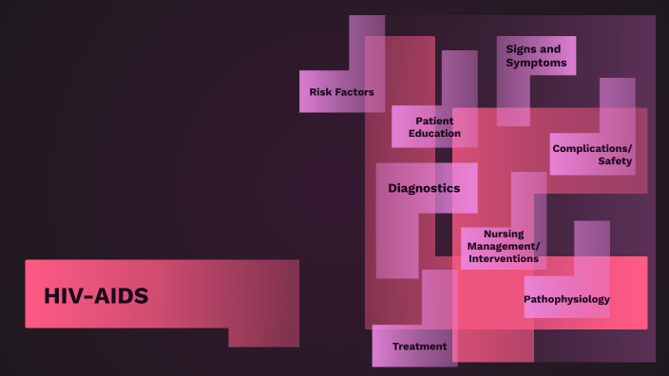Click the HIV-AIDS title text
coord(96,296)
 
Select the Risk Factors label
coord(341,92)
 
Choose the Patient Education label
coord(434,127)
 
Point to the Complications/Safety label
coord(592,155)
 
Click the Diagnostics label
coord(424,188)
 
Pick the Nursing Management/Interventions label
coord(503,246)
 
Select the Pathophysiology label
coord(566,299)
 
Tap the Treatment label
coord(419,347)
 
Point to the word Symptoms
coord(536,64)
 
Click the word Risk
coord(322,92)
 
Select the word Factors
coord(354,92)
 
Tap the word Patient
coord(434,121)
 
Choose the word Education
coord(434,134)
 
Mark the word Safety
coord(615,161)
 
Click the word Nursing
coord(504,234)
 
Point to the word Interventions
coord(503,258)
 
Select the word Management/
coord(503,246)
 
